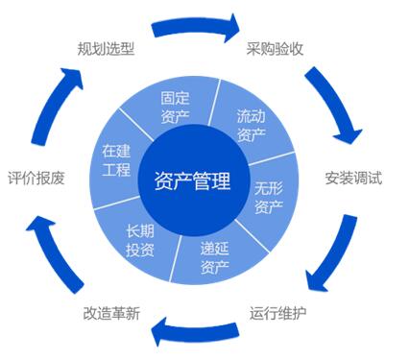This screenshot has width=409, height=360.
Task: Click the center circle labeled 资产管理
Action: (x=192, y=180)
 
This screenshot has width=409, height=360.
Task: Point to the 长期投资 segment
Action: (x=140, y=241)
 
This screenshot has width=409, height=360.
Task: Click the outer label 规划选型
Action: (x=105, y=47)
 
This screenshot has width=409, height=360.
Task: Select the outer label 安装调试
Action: (x=352, y=179)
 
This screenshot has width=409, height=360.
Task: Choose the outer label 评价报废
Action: (x=36, y=179)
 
